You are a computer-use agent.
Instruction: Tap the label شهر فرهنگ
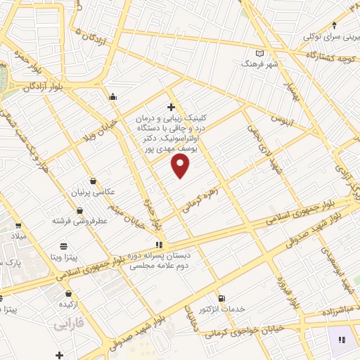click(x=261, y=63)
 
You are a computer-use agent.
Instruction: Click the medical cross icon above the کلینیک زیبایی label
click(x=171, y=108)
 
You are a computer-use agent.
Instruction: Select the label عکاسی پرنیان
click(x=94, y=191)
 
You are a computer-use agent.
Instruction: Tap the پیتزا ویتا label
click(x=64, y=257)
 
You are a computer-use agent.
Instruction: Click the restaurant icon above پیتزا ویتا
click(x=64, y=245)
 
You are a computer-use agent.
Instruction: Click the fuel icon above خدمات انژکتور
click(x=222, y=298)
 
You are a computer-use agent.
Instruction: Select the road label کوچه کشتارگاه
click(x=330, y=56)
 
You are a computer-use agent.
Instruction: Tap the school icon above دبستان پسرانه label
click(x=160, y=245)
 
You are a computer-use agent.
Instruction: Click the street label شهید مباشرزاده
click(x=325, y=309)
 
